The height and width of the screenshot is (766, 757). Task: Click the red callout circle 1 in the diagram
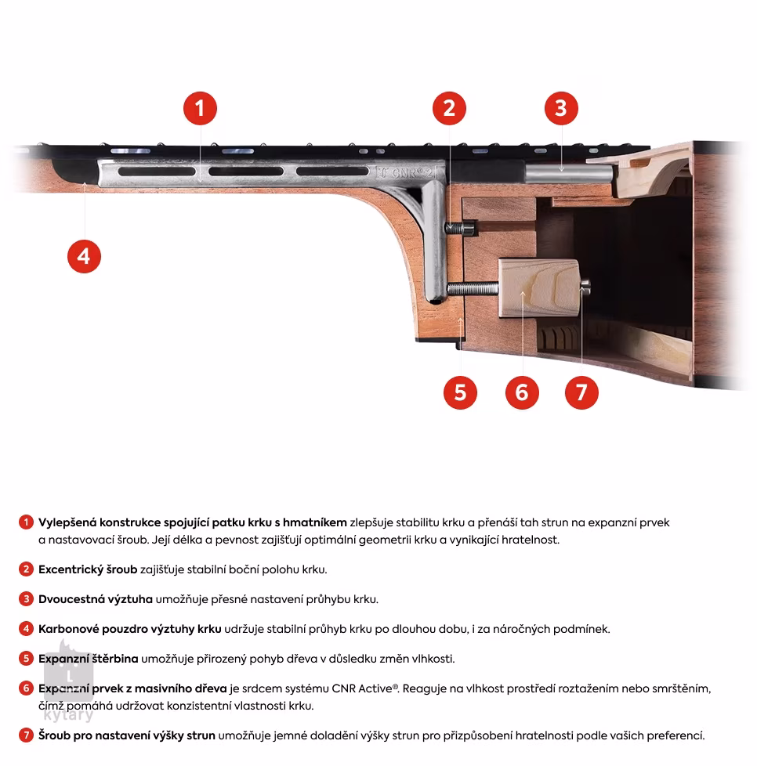click(200, 108)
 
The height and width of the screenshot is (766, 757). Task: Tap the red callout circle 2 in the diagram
click(448, 108)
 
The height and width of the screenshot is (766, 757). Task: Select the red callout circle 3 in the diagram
click(560, 108)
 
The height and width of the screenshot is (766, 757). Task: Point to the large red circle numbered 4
click(84, 255)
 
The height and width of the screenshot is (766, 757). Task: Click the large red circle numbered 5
click(460, 392)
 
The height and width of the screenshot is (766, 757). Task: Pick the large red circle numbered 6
click(522, 392)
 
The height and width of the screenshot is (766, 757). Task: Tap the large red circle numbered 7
click(581, 392)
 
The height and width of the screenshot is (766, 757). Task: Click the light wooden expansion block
click(539, 288)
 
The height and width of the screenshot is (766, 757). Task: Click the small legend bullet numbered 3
click(26, 599)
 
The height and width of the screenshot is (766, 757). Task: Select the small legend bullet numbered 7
click(26, 735)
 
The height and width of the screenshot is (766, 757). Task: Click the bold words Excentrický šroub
click(88, 569)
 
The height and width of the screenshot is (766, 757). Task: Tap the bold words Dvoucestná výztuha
click(96, 599)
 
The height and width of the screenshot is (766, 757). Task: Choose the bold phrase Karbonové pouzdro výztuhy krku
click(130, 629)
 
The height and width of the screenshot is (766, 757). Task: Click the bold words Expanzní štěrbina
click(89, 659)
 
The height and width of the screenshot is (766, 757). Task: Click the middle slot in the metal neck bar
click(244, 171)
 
